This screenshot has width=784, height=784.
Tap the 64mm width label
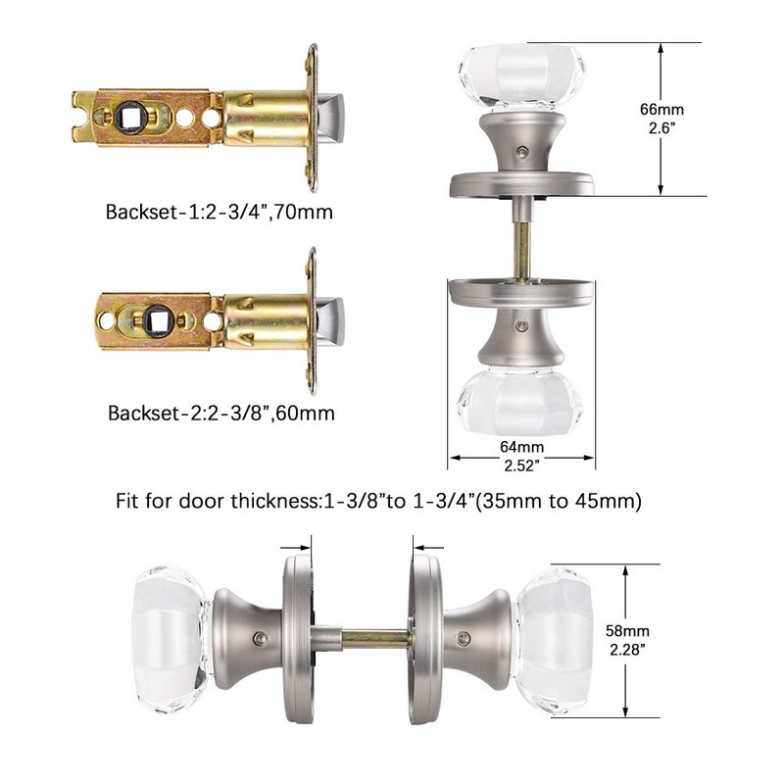(x=521, y=448)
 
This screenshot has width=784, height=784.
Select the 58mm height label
(x=627, y=630)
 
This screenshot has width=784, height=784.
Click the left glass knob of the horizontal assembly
(x=170, y=637)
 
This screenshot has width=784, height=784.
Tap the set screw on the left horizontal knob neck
(x=259, y=638)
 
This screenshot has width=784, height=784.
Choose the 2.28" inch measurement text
(x=627, y=650)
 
